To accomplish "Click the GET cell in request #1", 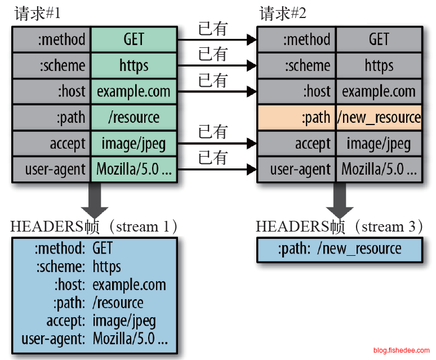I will click(134, 39).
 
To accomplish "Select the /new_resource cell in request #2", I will click(379, 117).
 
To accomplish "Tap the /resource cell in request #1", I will click(134, 117).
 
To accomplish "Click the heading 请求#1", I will click(37, 14).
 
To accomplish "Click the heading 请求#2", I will click(283, 14).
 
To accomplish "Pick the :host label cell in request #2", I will click(296, 91).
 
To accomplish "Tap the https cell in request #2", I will click(379, 65).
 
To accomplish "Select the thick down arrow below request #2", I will click(339, 200).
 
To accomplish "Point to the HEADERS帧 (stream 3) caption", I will click(340, 226).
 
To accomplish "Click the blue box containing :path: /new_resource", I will click(339, 250).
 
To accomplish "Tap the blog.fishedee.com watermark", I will click(401, 350).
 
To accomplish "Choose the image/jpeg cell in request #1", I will click(134, 143).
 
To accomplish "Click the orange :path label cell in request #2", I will click(296, 117).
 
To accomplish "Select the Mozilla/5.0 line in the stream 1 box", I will click(130, 340).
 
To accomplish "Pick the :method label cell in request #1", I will click(51, 39).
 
